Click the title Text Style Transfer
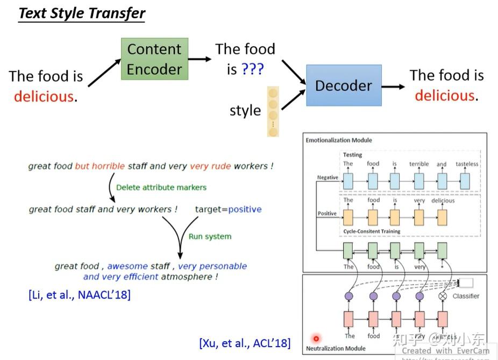82,13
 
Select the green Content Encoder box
154,59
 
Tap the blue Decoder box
344,86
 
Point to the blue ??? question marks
252,69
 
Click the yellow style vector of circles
273,111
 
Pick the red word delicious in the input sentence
44,97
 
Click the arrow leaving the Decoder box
394,86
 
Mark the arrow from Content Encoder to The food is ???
200,59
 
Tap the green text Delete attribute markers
161,187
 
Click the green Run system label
210,236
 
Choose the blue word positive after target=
245,209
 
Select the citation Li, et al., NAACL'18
80,294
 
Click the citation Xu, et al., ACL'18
245,343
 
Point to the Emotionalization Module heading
339,140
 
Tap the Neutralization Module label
336,348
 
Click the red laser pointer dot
316,338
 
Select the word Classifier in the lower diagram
466,296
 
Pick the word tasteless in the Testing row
466,164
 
